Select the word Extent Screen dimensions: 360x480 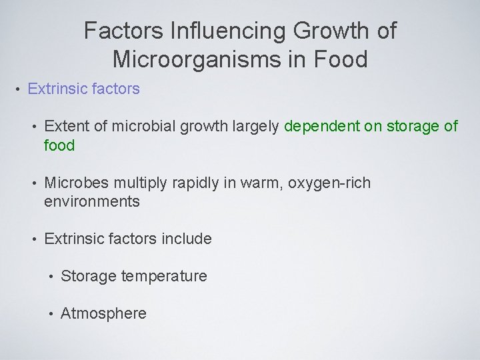[65, 126]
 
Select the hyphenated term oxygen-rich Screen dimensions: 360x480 [329, 183]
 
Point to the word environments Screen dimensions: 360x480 [92, 201]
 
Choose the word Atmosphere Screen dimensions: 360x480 [103, 313]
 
